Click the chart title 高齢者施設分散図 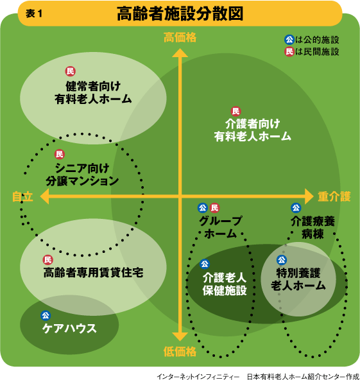tap(180, 13)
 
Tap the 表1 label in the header tap(34, 13)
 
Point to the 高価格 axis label tap(180, 38)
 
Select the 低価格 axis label tap(180, 351)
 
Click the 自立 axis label tap(22, 196)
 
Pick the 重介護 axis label tap(334, 196)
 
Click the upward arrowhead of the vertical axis tap(180, 53)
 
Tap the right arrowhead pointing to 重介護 tap(309, 196)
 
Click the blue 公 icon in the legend tap(289, 40)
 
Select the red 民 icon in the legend tap(289, 51)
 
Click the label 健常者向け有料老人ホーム tap(93, 92)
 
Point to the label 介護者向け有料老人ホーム tap(252, 130)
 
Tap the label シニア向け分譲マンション tap(82, 175)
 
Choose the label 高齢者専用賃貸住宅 tap(93, 272)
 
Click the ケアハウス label tap(69, 329)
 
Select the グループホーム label tap(220, 227)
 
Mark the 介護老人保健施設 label tap(225, 284)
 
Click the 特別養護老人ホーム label tap(298, 279)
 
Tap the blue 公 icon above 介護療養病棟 tap(296, 208)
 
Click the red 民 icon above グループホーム tap(214, 208)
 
